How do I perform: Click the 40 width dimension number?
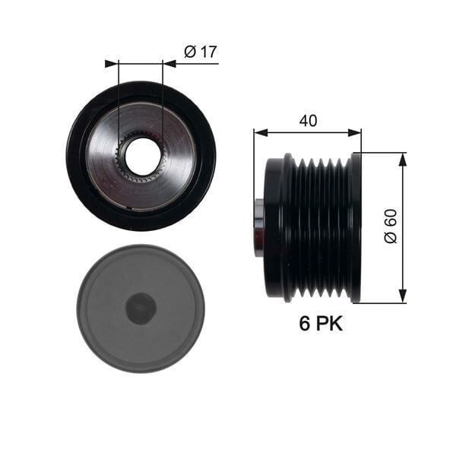point(308,120)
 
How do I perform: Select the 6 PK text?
point(319,325)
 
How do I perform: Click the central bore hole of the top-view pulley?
point(142,156)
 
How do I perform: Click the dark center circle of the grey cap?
point(141,309)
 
